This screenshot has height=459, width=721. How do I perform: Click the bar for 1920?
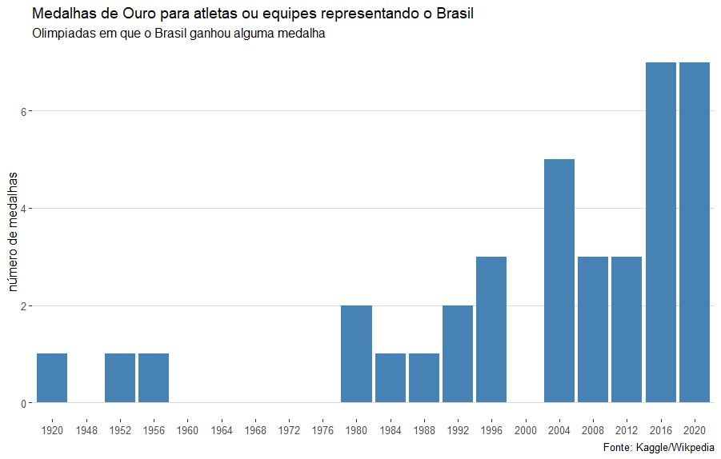pos(52,377)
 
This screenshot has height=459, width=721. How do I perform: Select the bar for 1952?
pos(120,377)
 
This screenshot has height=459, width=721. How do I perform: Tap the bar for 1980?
pos(356,353)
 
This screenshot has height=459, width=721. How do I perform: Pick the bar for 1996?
pos(491,329)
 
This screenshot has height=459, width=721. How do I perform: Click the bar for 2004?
pos(559,281)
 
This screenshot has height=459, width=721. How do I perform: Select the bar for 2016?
pos(661,232)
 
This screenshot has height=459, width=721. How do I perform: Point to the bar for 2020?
pos(695,232)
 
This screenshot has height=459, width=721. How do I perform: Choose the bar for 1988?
pos(424,377)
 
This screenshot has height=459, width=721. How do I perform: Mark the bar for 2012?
pos(627,329)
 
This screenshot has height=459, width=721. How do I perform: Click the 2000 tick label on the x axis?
pos(526,430)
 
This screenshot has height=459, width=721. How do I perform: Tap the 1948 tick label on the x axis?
pos(86,430)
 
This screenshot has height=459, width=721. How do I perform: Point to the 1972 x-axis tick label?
pos(289,430)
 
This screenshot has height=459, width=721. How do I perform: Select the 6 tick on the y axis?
pos(24,111)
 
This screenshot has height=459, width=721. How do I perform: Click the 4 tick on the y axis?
pos(24,209)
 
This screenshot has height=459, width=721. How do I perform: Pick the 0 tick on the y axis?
pos(24,403)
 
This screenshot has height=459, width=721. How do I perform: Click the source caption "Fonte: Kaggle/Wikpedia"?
pos(659,447)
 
